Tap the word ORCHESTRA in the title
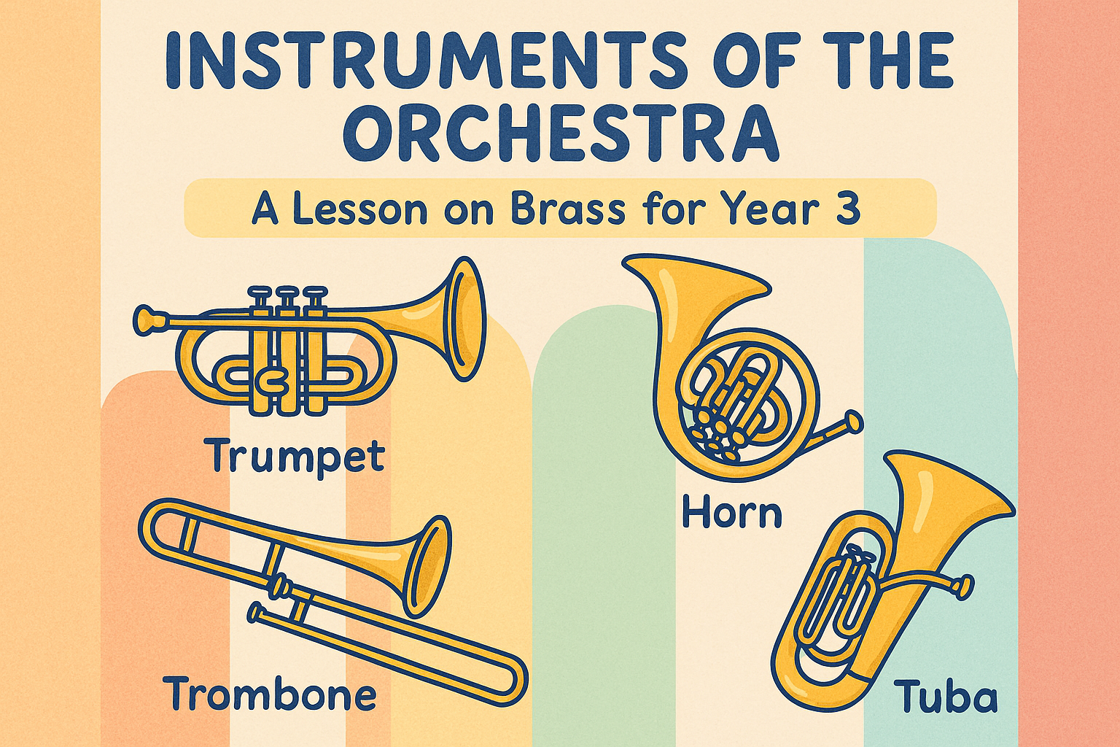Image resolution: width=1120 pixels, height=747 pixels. coord(561,134)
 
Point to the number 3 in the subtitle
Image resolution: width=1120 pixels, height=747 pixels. coord(849,209)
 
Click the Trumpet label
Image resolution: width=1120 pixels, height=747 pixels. coord(295,456)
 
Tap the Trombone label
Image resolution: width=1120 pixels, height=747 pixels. coord(270,694)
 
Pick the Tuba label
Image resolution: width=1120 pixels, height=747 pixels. coord(946,697)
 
